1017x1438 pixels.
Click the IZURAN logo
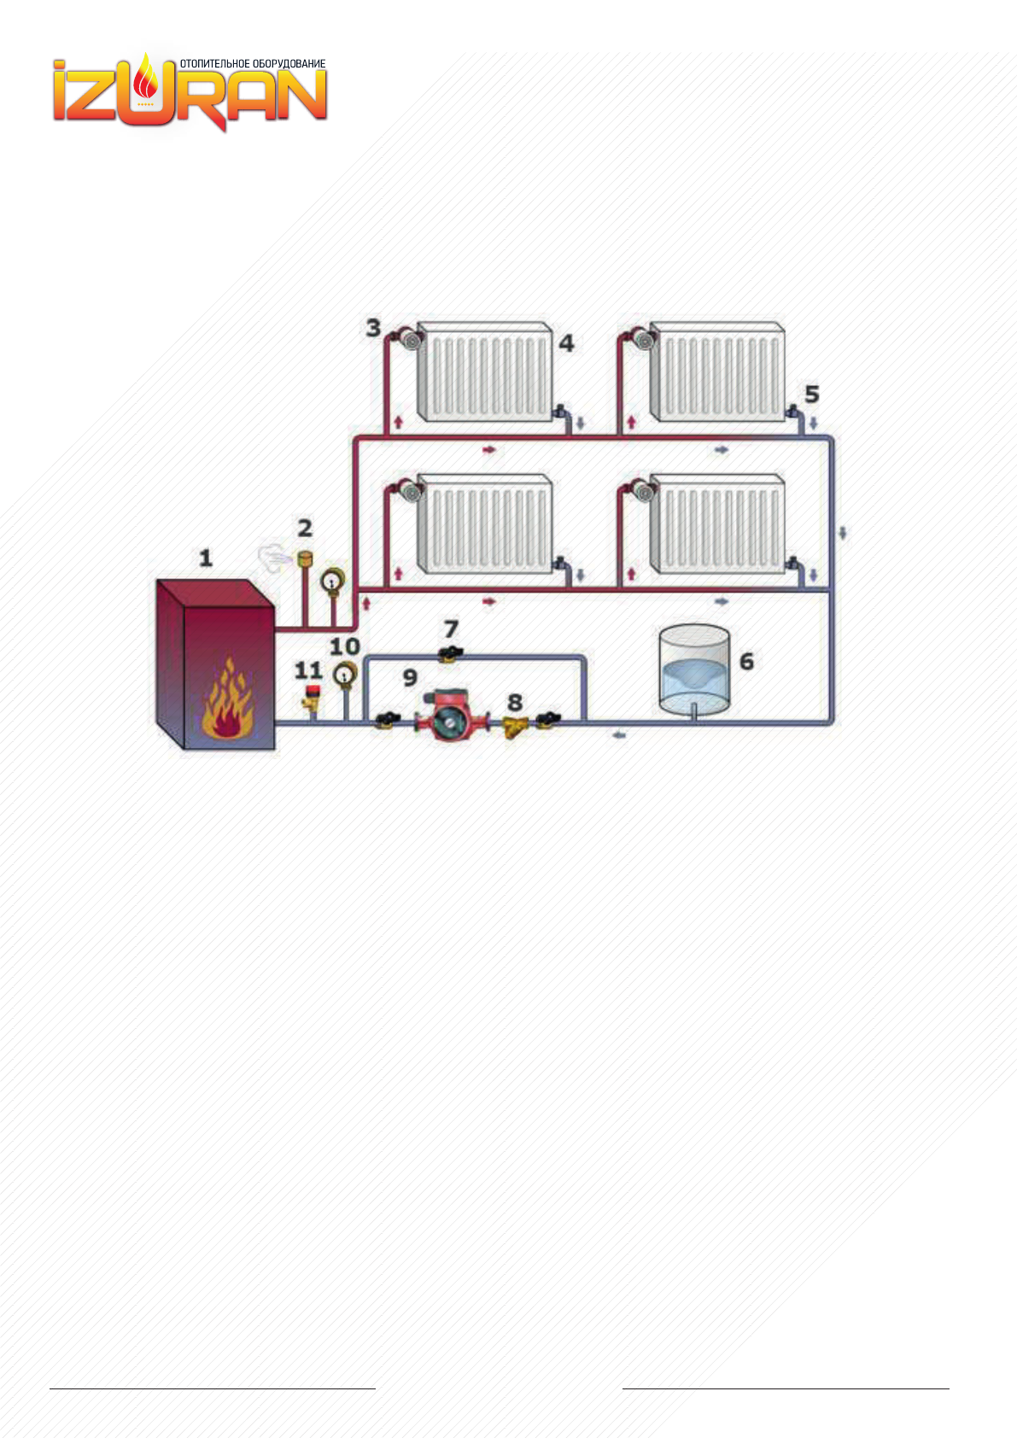tap(190, 92)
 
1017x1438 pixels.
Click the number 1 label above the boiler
tap(205, 558)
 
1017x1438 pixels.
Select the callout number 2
tap(304, 529)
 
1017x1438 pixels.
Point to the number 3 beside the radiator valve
tap(373, 328)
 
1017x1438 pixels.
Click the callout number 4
tap(566, 343)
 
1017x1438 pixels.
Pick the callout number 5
tap(811, 395)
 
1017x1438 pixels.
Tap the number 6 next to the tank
tap(746, 661)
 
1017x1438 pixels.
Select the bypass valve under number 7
tap(449, 656)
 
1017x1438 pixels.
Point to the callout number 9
tap(410, 678)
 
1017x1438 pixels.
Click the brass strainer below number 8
tap(515, 727)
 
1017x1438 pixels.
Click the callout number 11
tap(308, 671)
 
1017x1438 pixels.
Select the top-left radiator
tap(484, 372)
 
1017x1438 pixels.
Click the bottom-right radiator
tap(717, 523)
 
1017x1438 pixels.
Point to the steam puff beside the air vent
tap(275, 558)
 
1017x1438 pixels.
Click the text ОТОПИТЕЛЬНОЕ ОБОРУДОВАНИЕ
tap(253, 64)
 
